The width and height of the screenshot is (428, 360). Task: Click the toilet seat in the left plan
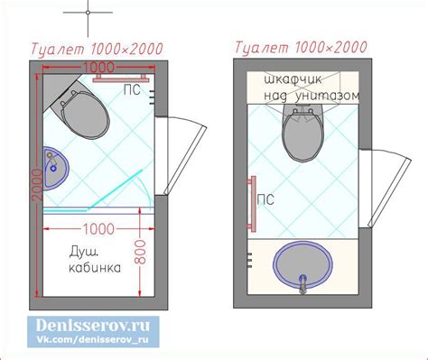click(x=86, y=115)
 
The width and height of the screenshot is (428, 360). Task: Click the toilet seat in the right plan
click(x=302, y=136)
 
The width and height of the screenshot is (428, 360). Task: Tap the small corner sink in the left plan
click(x=56, y=169)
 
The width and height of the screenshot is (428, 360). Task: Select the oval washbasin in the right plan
click(x=302, y=263)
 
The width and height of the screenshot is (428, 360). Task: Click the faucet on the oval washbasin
click(x=302, y=284)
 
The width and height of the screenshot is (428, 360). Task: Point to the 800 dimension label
click(x=140, y=252)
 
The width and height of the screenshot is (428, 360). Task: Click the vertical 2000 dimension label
click(x=38, y=185)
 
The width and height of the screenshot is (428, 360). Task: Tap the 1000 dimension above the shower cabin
click(x=98, y=229)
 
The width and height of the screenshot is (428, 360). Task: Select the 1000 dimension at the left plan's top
click(x=98, y=68)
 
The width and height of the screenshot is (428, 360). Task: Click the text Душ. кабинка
click(x=95, y=259)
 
